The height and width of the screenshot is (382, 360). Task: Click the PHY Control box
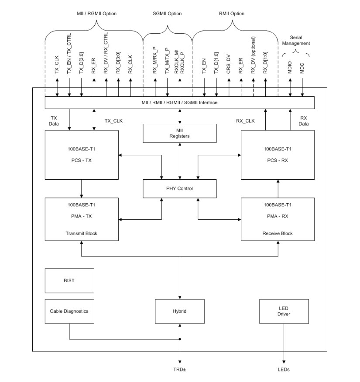pos(180,188)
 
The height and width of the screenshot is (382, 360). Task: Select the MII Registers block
pos(180,133)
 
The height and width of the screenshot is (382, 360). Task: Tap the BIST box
pos(69,280)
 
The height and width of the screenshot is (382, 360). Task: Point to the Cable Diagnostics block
pos(69,311)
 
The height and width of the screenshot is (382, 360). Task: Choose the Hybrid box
pos(180,311)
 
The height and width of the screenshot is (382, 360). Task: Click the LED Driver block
pos(284,311)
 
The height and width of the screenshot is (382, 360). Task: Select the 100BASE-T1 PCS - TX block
pos(82,154)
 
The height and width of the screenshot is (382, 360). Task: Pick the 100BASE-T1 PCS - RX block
pos(278,154)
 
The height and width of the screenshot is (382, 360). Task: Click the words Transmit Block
pos(82,233)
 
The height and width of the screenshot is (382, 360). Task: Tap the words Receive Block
pos(278,233)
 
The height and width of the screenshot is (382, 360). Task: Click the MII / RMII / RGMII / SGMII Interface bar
pos(180,102)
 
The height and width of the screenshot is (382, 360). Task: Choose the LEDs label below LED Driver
pos(284,369)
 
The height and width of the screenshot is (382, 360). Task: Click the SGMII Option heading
pos(168,14)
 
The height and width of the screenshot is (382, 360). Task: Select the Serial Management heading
pos(296,41)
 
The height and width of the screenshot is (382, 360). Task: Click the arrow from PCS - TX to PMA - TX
pos(82,188)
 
